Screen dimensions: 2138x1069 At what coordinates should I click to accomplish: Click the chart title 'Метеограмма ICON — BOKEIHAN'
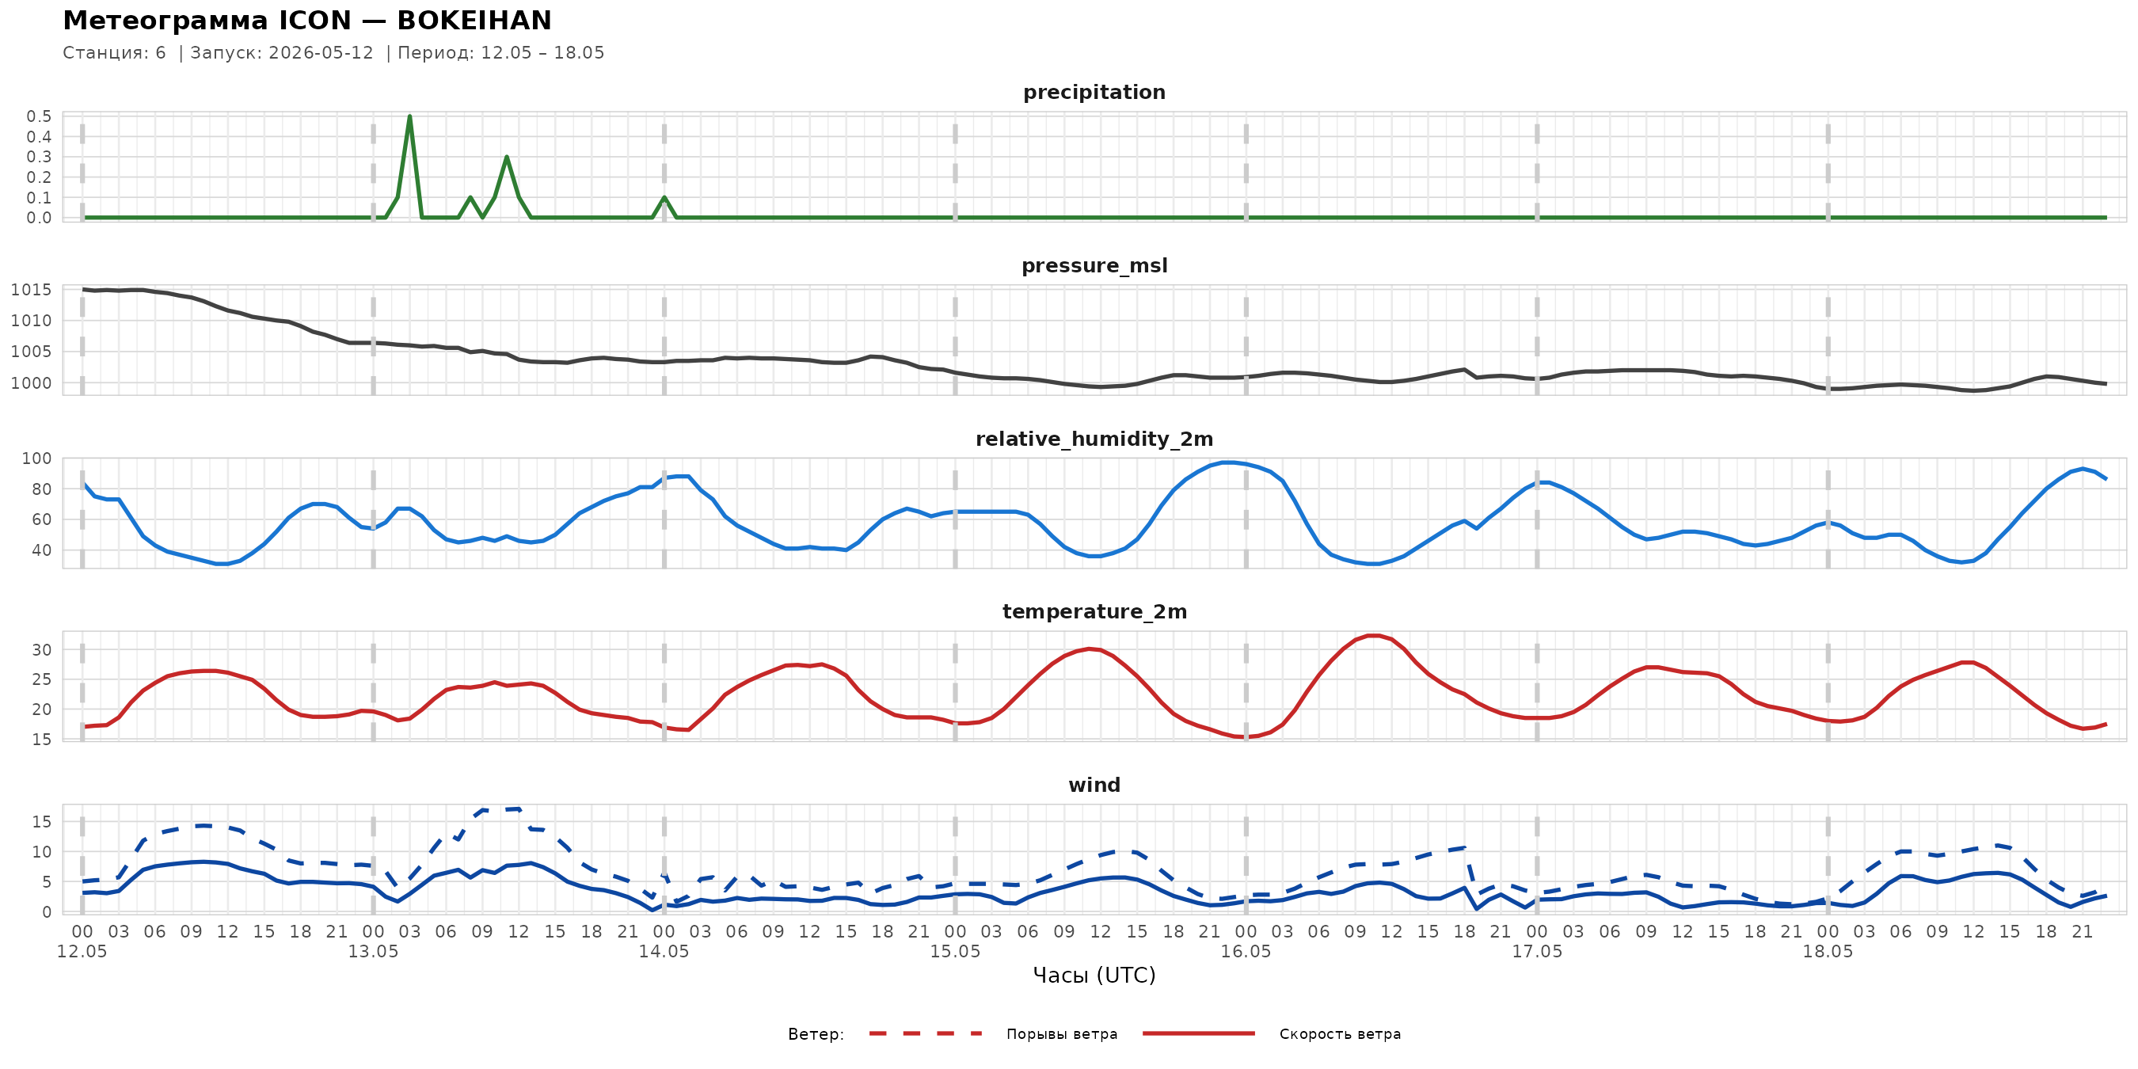coord(307,20)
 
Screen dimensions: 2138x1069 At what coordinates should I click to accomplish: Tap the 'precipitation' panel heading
coord(1094,92)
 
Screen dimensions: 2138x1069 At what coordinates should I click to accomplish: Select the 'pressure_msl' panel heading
coord(1094,265)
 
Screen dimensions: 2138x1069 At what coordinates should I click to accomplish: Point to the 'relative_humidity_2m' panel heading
coord(1094,439)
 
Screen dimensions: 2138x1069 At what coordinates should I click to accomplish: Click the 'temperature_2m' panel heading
coord(1094,611)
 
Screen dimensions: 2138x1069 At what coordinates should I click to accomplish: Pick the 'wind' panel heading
coord(1094,786)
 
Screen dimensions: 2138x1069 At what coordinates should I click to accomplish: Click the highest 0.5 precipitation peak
coord(410,116)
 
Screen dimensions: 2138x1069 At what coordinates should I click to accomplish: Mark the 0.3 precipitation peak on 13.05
coord(506,157)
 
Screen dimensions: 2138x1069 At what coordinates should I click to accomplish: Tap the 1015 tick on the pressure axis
coord(31,290)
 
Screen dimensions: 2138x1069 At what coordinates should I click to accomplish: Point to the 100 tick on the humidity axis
coord(36,458)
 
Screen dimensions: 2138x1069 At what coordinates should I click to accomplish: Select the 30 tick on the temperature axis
coord(41,650)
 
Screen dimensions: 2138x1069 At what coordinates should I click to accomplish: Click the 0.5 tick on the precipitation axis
coord(39,116)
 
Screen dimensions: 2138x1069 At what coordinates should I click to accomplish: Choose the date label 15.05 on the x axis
coord(954,951)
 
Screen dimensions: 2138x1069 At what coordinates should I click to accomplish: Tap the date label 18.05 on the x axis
coord(1828,951)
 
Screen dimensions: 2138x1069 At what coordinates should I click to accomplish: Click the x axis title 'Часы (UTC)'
coord(1094,976)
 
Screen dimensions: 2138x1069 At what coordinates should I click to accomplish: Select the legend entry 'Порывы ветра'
coord(1062,1034)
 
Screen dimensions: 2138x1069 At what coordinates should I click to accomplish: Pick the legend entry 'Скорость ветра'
coord(1340,1034)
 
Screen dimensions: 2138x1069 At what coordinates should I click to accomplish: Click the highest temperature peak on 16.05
coord(1374,636)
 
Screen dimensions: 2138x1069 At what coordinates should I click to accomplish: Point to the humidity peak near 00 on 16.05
coord(1228,462)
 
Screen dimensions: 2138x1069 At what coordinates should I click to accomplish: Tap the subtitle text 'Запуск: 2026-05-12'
coord(282,53)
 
